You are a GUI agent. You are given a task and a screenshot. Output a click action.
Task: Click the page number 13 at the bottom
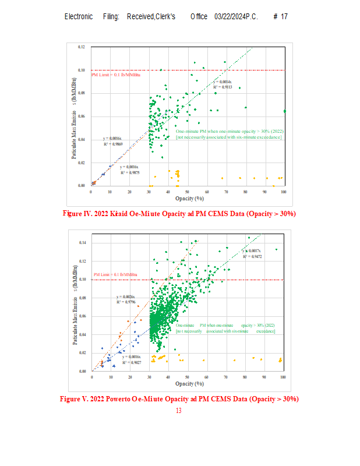pyautogui.click(x=178, y=411)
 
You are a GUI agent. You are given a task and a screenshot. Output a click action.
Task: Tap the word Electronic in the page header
pyautogui.click(x=79, y=16)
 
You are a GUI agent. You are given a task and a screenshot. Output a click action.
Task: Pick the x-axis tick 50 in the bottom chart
pyautogui.click(x=188, y=377)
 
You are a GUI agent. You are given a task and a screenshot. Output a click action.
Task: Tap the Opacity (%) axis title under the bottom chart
pyautogui.click(x=188, y=384)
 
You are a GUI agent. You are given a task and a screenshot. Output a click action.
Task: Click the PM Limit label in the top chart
pyautogui.click(x=116, y=74)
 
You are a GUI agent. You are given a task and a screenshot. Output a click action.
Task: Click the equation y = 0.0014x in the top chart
pyautogui.click(x=222, y=82)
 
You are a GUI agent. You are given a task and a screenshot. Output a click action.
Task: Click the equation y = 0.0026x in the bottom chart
pyautogui.click(x=125, y=296)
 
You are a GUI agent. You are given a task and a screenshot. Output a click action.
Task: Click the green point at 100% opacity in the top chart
pyautogui.click(x=285, y=111)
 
